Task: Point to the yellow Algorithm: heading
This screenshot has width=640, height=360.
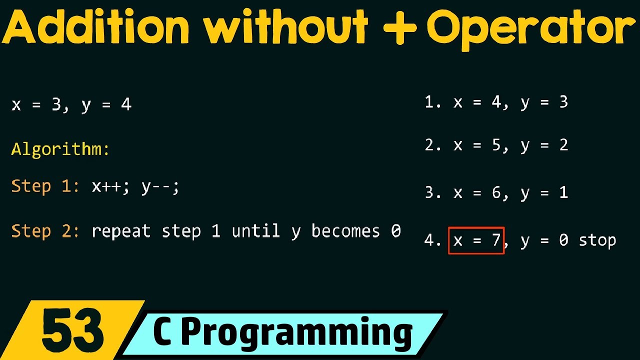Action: (60, 149)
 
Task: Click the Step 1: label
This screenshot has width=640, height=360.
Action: (45, 186)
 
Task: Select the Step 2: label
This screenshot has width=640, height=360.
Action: (45, 231)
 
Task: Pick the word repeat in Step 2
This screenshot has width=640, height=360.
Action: (121, 231)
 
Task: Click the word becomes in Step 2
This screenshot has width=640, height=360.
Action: (345, 231)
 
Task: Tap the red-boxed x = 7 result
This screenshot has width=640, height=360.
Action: (476, 240)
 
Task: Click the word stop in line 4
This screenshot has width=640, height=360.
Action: (597, 241)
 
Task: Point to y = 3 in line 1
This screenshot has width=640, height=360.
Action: (544, 103)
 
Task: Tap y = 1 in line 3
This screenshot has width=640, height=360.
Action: (544, 193)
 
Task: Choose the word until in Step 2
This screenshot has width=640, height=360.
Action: (255, 231)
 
